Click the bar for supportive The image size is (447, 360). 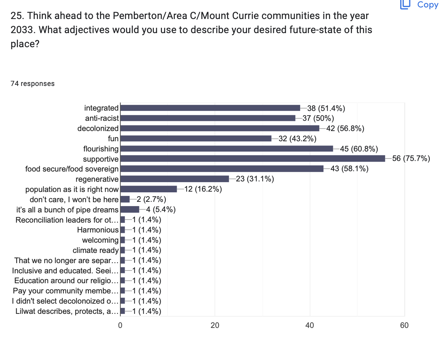(x=253, y=159)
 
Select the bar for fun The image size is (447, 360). (x=196, y=138)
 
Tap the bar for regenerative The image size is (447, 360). (x=175, y=179)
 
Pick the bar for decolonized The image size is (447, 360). (x=220, y=128)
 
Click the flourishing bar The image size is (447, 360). (x=227, y=149)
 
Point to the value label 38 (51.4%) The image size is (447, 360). (x=326, y=108)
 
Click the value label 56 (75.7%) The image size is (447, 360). (x=411, y=159)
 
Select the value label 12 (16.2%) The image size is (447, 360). (x=203, y=189)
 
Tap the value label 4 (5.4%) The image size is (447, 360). (x=161, y=210)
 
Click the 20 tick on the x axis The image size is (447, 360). (x=215, y=325)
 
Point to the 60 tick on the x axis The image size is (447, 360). (x=404, y=325)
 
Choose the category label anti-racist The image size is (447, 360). (x=102, y=118)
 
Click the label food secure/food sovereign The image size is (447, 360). (x=72, y=169)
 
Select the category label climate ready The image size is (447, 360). (x=95, y=250)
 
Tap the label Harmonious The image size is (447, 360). (x=98, y=230)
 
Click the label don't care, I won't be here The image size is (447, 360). (x=74, y=200)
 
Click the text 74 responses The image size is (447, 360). (x=33, y=83)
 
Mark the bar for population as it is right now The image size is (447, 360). (x=149, y=189)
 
